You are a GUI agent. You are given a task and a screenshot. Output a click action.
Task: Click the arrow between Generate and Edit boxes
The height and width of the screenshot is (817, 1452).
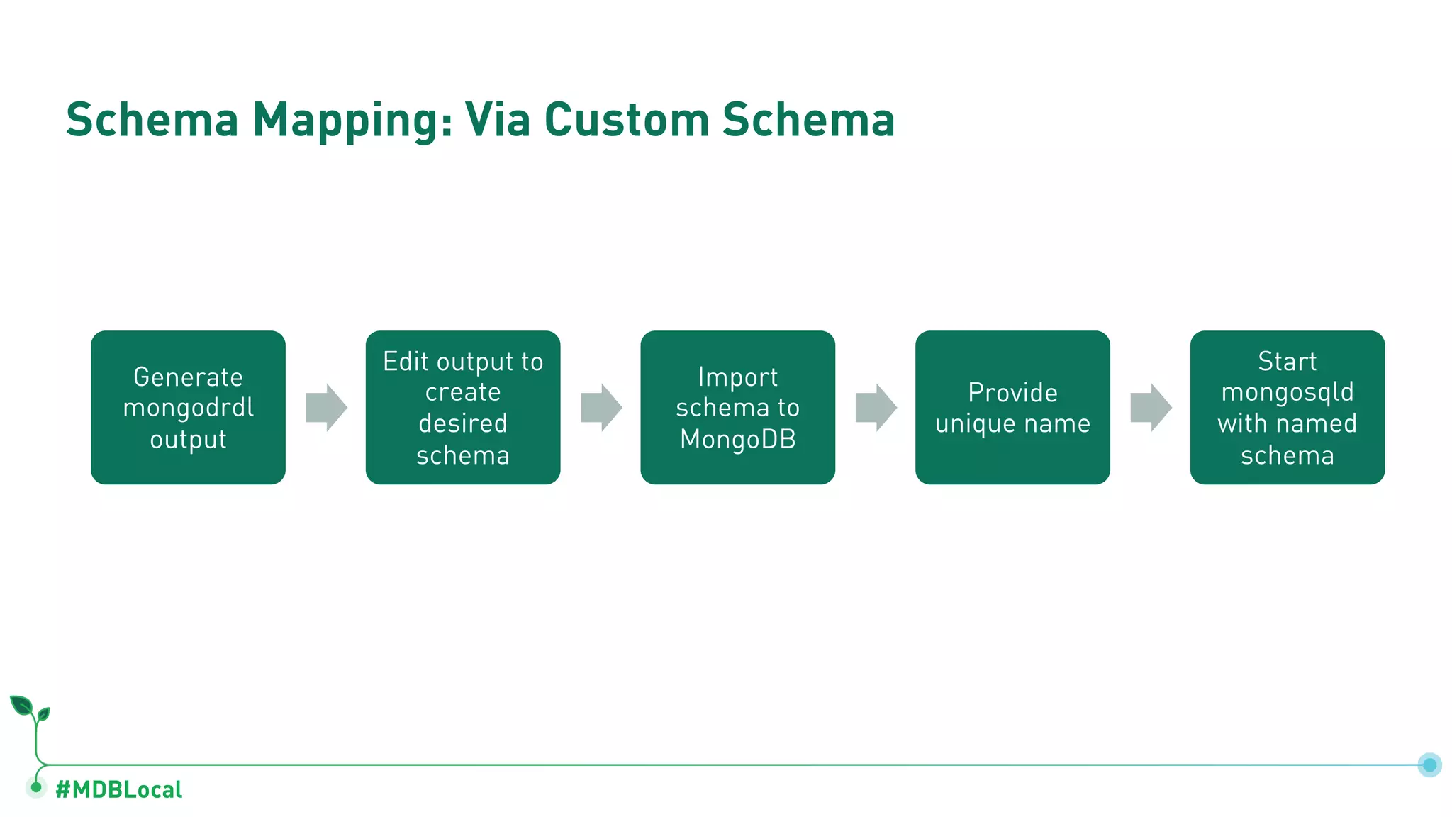coord(326,408)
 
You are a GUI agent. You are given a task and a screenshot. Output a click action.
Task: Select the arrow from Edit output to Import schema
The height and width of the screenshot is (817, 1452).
coord(601,408)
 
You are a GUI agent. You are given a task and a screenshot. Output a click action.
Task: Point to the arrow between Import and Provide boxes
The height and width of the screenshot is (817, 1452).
coord(876,408)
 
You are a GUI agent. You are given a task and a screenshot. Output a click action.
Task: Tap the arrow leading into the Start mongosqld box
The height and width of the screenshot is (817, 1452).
coord(1151,408)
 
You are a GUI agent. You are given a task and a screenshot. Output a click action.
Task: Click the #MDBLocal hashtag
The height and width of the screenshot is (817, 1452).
coord(119,789)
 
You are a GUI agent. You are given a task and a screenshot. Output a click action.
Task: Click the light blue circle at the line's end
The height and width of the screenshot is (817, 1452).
coord(1429,765)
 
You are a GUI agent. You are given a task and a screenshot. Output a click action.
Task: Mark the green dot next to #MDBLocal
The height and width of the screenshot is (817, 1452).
coord(36,787)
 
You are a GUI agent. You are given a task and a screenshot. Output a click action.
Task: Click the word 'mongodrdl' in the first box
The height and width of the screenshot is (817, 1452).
coord(188,408)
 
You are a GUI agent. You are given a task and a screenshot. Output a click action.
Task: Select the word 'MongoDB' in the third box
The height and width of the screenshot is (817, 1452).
coord(737,439)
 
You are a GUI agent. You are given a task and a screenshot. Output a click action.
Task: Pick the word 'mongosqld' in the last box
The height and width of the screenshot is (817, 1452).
coord(1287,392)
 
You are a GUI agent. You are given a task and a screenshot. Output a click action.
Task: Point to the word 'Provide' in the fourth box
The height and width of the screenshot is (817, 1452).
coord(1012,392)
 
